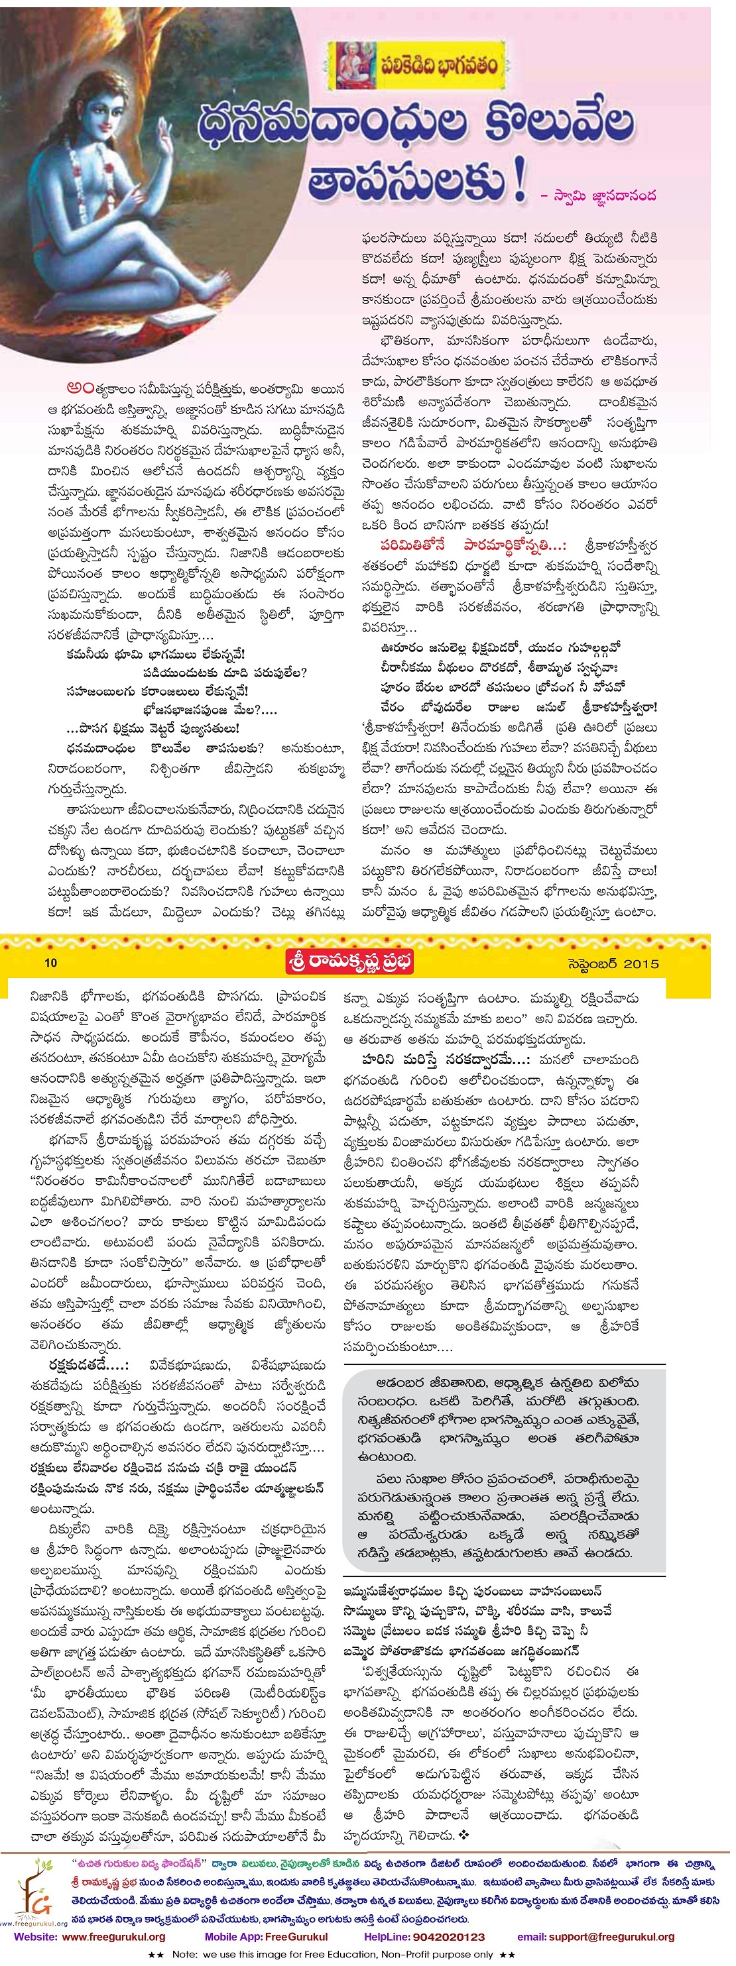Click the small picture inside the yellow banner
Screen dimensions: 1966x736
pyautogui.click(x=353, y=65)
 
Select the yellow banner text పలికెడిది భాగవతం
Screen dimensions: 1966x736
pyautogui.click(x=439, y=66)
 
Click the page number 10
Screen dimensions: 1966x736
pyautogui.click(x=50, y=962)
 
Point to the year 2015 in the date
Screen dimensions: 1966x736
pyautogui.click(x=641, y=963)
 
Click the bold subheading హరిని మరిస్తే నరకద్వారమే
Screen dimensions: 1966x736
pyautogui.click(x=447, y=1060)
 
